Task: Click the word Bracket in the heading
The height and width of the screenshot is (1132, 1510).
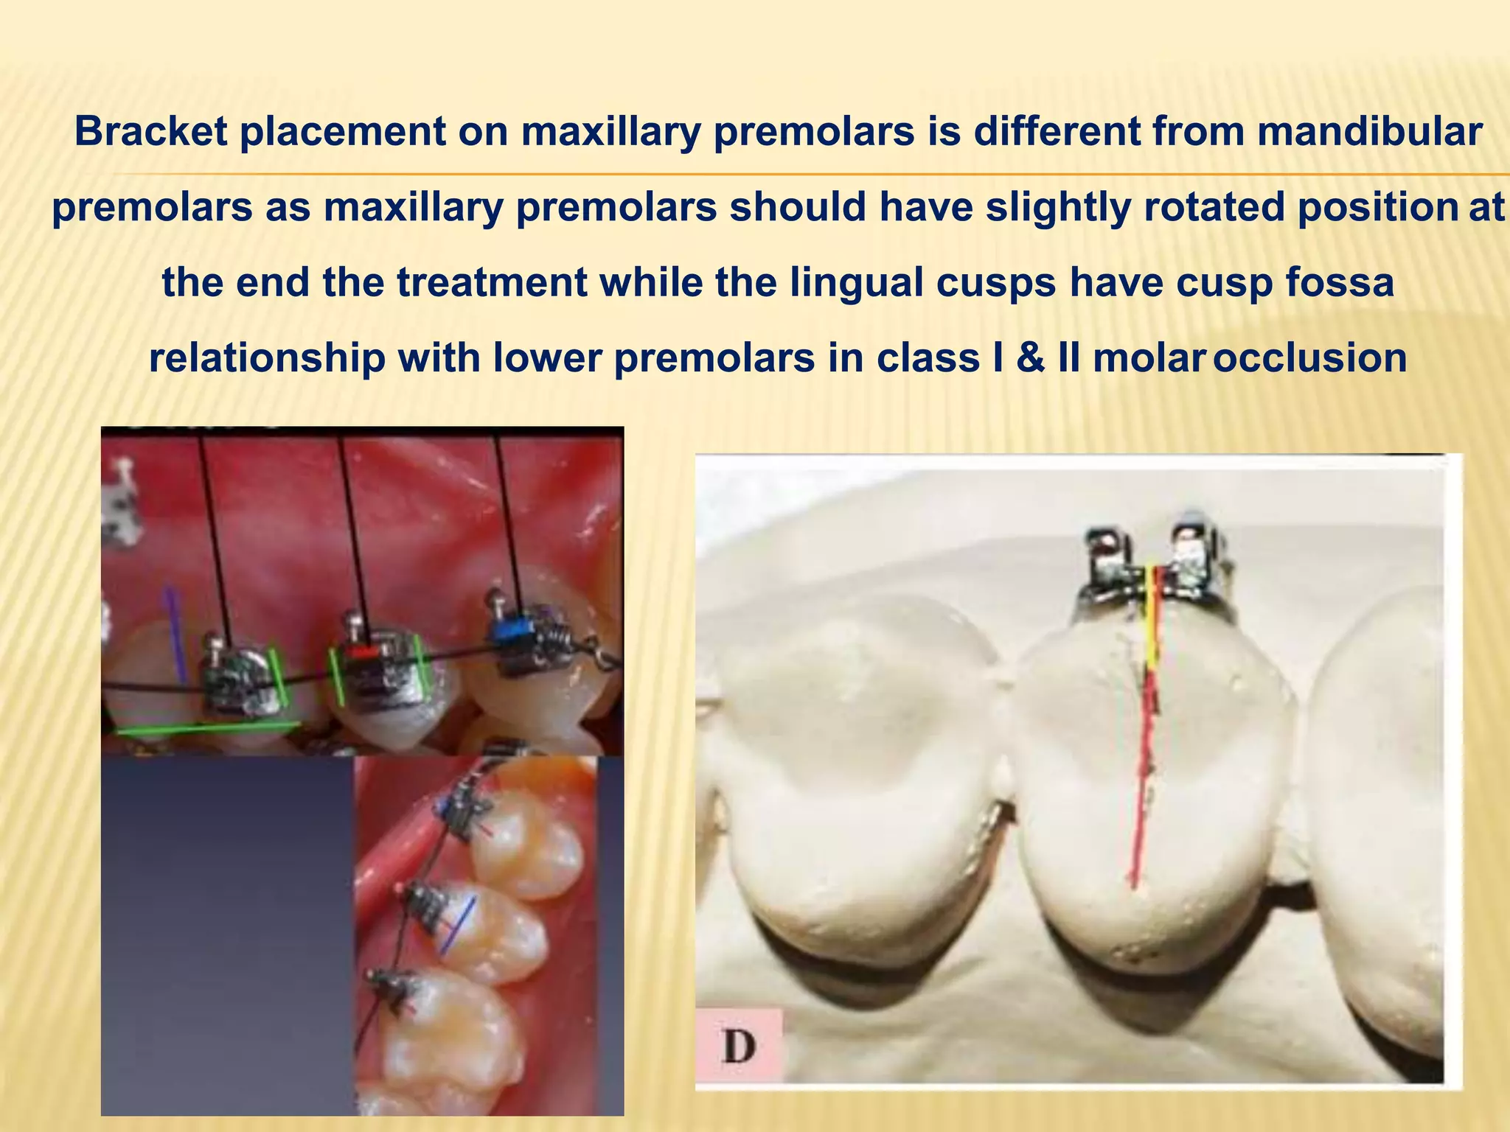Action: [x=150, y=133]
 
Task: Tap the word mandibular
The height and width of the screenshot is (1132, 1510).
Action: [x=1369, y=133]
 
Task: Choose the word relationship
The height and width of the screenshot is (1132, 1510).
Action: [x=267, y=359]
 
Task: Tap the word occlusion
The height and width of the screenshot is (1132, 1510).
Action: [x=1310, y=359]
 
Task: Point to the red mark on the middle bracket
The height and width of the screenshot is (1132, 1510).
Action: [x=363, y=653]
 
